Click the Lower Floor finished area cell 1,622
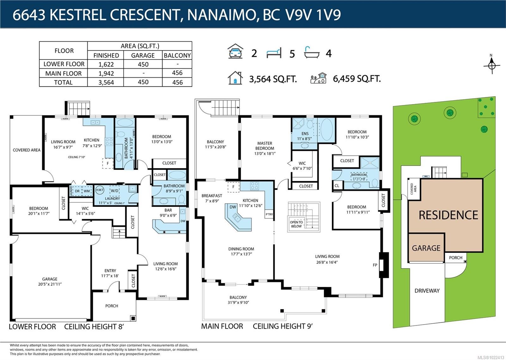(x=106, y=64)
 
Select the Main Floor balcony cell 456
(x=177, y=73)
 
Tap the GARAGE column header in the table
(x=143, y=55)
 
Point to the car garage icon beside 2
(x=236, y=52)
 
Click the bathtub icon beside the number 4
(x=312, y=53)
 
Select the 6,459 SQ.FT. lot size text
(x=356, y=79)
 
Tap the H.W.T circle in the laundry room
(x=100, y=190)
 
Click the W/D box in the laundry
(x=114, y=191)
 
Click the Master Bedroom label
(x=265, y=146)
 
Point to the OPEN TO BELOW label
(x=296, y=224)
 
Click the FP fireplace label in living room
(x=375, y=265)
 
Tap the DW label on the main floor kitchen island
(x=233, y=207)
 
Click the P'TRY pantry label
(x=269, y=214)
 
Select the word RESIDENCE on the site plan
(x=448, y=215)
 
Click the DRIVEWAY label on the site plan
(x=427, y=291)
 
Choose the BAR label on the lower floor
(x=168, y=210)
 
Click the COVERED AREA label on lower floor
(x=27, y=150)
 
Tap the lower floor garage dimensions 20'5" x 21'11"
(x=50, y=284)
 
